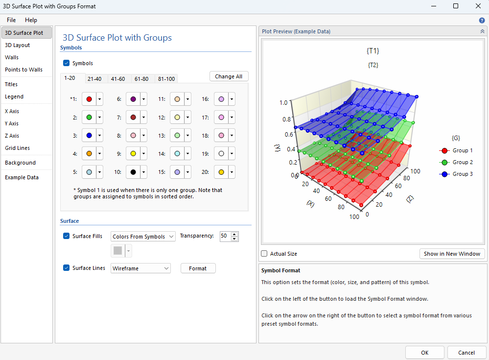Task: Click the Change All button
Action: click(x=229, y=76)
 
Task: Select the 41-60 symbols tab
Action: click(x=118, y=79)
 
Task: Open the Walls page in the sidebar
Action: click(x=12, y=57)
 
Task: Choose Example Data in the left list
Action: click(x=22, y=177)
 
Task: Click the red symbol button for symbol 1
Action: click(x=89, y=99)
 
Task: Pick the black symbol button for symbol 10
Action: click(x=133, y=172)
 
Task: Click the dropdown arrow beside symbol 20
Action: click(x=232, y=172)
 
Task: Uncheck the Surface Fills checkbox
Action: click(x=67, y=236)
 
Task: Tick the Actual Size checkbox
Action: click(x=264, y=254)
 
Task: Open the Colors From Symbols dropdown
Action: click(x=143, y=237)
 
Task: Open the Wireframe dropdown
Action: click(x=140, y=268)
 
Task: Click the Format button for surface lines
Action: click(x=198, y=268)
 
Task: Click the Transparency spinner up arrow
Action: click(x=234, y=234)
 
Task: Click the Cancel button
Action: click(x=466, y=353)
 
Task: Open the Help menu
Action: click(x=31, y=20)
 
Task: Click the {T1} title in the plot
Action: click(x=373, y=51)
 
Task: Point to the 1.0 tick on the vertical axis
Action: click(x=283, y=103)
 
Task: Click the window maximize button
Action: click(x=456, y=6)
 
